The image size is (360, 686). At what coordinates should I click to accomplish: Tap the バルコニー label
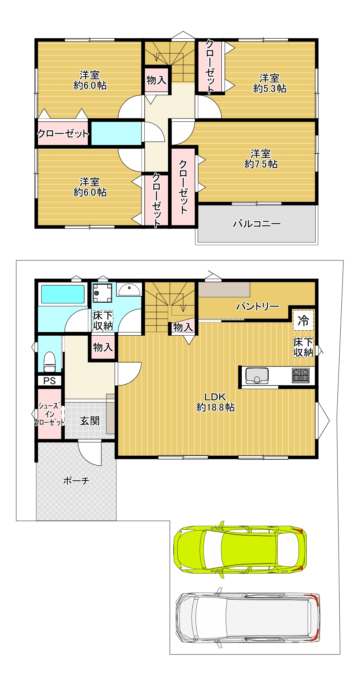[x=257, y=224]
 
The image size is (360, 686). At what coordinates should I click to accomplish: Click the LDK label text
[x=215, y=397]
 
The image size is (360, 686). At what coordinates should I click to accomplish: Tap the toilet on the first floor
[x=49, y=362]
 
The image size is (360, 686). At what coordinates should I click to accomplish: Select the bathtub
[x=63, y=294]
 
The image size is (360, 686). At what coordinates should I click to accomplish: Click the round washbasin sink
[x=129, y=289]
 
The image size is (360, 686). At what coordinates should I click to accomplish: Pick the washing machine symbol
[x=102, y=293]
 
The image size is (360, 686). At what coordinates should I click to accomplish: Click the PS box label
[x=49, y=381]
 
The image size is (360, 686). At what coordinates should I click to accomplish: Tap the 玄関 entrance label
[x=90, y=421]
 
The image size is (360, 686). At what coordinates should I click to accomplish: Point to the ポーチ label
[x=76, y=480]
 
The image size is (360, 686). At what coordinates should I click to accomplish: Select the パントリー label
[x=258, y=307]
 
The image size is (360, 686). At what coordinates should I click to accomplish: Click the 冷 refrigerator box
[x=303, y=320]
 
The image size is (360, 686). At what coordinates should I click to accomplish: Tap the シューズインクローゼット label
[x=49, y=414]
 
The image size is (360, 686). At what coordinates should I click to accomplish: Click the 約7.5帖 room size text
[x=261, y=164]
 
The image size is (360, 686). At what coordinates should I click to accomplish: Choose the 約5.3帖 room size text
[x=270, y=88]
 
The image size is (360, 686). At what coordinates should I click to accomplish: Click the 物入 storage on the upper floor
[x=157, y=80]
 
